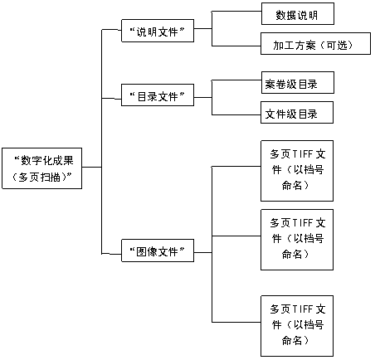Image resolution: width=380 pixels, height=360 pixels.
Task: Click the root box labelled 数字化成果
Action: tap(42, 168)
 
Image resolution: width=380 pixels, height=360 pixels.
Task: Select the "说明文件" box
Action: tap(158, 31)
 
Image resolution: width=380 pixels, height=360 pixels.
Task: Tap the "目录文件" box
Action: tap(158, 95)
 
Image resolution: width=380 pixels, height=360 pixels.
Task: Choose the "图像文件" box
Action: tap(158, 251)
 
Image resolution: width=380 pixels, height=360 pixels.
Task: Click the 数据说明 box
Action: tap(298, 14)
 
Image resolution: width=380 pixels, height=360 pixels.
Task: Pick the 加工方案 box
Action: tap(315, 44)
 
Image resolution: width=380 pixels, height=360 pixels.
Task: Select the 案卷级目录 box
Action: tap(298, 83)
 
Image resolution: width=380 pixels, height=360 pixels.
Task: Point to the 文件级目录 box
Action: tap(297, 113)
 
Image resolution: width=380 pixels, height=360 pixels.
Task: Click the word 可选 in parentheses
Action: tap(337, 45)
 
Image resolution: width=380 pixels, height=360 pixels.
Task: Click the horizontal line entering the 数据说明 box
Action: tap(236, 12)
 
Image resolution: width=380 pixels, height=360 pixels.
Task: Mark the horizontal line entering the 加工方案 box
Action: tap(236, 46)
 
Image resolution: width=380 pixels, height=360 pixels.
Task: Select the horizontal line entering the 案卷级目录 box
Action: tap(236, 80)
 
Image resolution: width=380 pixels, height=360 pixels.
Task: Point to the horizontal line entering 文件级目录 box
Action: tap(236, 114)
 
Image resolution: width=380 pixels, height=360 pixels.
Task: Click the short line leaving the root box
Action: tap(92, 167)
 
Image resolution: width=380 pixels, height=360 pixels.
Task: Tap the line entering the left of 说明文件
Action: tap(111, 30)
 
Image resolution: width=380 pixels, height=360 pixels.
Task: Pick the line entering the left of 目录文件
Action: tap(111, 99)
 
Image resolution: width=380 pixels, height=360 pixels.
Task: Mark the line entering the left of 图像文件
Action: tap(111, 254)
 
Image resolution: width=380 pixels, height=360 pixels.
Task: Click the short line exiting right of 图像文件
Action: tap(203, 252)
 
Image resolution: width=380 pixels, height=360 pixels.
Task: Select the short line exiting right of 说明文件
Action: tap(203, 28)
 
